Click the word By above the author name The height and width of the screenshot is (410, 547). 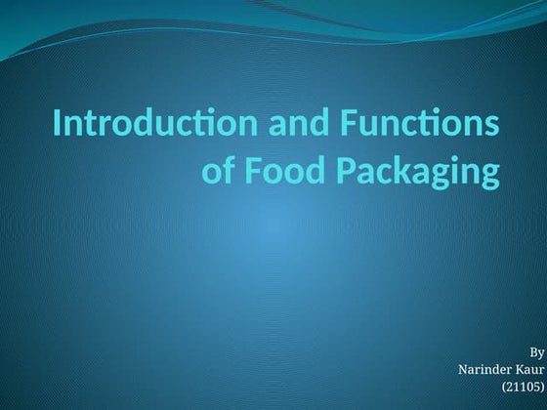click(x=536, y=351)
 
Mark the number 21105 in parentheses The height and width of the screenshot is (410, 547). click(x=523, y=387)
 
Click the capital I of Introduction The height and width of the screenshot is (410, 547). click(x=57, y=126)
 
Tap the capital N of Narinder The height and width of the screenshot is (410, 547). click(x=462, y=369)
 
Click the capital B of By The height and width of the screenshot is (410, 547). click(x=532, y=351)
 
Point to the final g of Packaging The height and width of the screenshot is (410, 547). click(x=487, y=175)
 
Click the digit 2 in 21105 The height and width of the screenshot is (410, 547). click(x=509, y=387)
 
